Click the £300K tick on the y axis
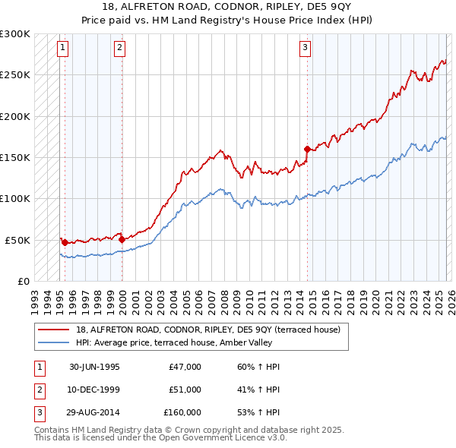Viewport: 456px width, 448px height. coord(15,34)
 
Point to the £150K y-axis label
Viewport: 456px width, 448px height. coord(15,158)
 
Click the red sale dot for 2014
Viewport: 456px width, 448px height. coord(307,149)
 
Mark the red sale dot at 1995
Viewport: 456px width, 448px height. coord(65,243)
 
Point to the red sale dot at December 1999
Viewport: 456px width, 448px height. coord(122,239)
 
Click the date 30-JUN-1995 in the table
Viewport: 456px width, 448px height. coord(94,367)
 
